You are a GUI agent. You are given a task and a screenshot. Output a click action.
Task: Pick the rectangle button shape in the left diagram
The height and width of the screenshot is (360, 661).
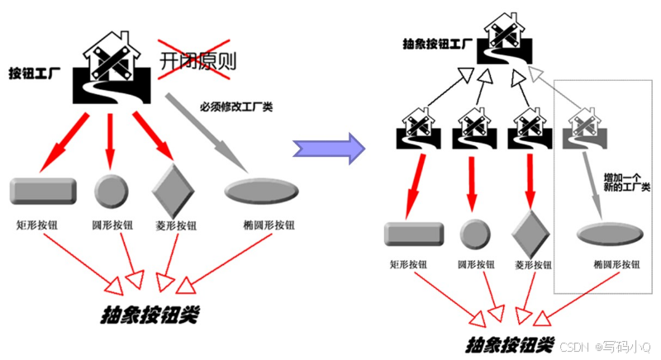[43, 190]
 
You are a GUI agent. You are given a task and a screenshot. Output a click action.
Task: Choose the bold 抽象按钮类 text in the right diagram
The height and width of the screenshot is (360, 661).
[509, 343]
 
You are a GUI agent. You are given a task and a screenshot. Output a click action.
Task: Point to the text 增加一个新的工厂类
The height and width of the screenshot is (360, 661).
[627, 182]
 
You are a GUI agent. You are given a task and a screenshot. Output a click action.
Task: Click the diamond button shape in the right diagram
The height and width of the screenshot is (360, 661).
[527, 232]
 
